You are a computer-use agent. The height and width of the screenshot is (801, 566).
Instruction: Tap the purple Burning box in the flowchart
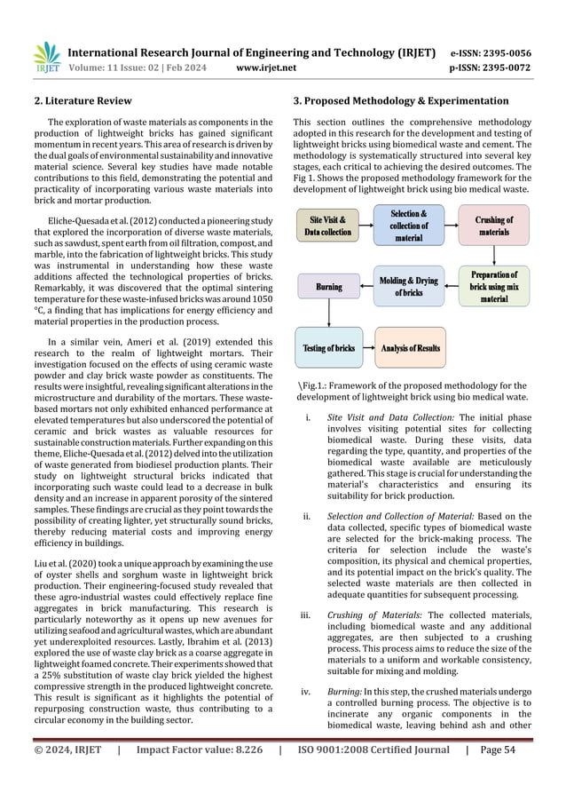(329, 287)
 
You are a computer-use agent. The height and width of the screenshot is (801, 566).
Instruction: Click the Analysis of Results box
(411, 348)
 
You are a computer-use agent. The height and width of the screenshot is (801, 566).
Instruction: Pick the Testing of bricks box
(329, 348)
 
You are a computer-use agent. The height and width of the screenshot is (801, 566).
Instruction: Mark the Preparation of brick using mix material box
(494, 286)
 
